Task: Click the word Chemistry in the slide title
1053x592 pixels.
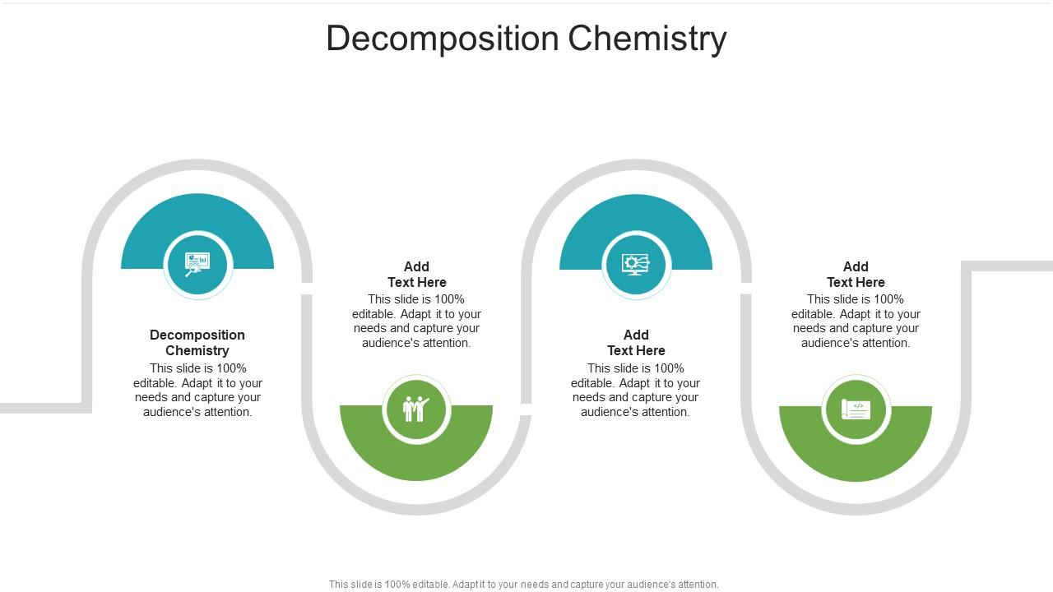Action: pyautogui.click(x=647, y=39)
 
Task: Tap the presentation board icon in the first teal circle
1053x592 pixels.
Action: pyautogui.click(x=197, y=264)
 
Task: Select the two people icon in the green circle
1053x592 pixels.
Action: pyautogui.click(x=416, y=409)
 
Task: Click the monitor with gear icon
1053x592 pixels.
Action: pyautogui.click(x=636, y=264)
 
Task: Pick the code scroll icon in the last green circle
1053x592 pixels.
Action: pyautogui.click(x=856, y=409)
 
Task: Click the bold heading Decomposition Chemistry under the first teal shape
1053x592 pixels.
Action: pyautogui.click(x=197, y=342)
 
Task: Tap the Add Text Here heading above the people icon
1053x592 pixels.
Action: pyautogui.click(x=417, y=274)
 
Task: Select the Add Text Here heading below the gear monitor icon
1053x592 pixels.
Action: pyautogui.click(x=636, y=342)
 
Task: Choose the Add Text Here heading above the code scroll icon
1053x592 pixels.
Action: pyautogui.click(x=856, y=274)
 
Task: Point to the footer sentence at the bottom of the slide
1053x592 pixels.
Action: pyautogui.click(x=523, y=585)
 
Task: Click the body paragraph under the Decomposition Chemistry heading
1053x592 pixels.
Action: pyautogui.click(x=197, y=390)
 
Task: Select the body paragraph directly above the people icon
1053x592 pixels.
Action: pyautogui.click(x=417, y=321)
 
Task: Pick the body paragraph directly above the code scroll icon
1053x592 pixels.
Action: pyautogui.click(x=856, y=321)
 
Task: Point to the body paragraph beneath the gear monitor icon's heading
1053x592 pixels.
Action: pyautogui.click(x=636, y=390)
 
